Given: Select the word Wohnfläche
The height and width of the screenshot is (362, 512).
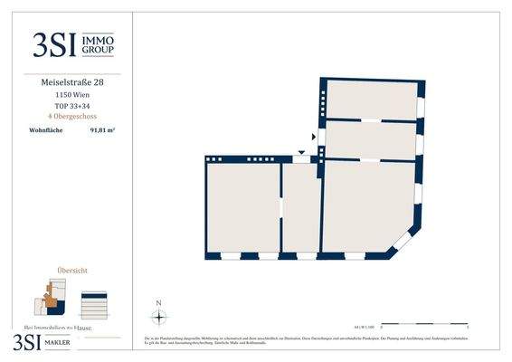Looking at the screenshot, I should click(x=45, y=132).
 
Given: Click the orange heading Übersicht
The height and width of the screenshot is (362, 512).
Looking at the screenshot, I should click(x=72, y=270).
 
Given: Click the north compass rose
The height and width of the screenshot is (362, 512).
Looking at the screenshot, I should click(x=158, y=317).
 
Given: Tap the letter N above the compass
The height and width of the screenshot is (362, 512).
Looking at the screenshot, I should click(x=158, y=303).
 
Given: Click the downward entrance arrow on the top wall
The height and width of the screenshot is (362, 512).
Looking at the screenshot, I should click(x=301, y=152).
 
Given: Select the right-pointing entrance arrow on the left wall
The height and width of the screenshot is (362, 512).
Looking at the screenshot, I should click(x=314, y=137).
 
